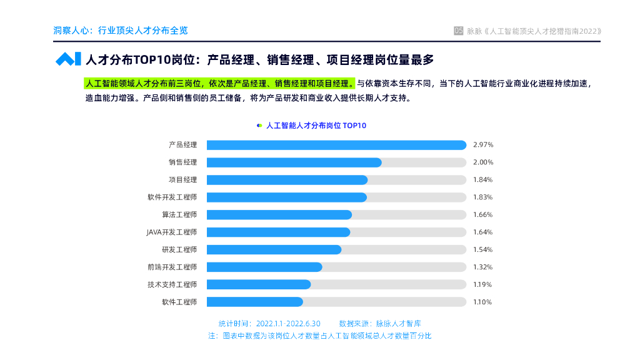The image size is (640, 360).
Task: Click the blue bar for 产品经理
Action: click(336, 145)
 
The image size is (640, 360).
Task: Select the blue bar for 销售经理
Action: click(294, 162)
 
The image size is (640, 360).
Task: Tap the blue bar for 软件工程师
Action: click(255, 302)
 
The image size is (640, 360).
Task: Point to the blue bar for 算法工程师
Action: click(279, 215)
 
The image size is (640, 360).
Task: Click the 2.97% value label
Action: click(483, 145)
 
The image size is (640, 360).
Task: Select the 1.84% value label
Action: click(483, 180)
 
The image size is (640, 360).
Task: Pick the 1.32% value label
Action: click(483, 267)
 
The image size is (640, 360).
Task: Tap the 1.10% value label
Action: click(483, 302)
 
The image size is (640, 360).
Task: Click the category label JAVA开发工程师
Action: click(172, 232)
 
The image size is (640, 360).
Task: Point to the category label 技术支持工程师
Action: click(172, 284)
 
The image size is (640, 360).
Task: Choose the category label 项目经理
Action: click(182, 180)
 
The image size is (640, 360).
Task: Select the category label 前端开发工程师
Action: click(172, 267)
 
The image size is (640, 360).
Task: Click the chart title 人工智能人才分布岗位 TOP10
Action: click(316, 126)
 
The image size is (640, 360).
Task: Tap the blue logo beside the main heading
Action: click(68, 59)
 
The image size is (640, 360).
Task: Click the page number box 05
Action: click(459, 31)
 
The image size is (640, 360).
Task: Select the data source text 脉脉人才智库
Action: click(398, 324)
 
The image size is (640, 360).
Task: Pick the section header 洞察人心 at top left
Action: click(71, 30)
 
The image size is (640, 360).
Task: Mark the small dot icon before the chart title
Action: click(259, 126)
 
